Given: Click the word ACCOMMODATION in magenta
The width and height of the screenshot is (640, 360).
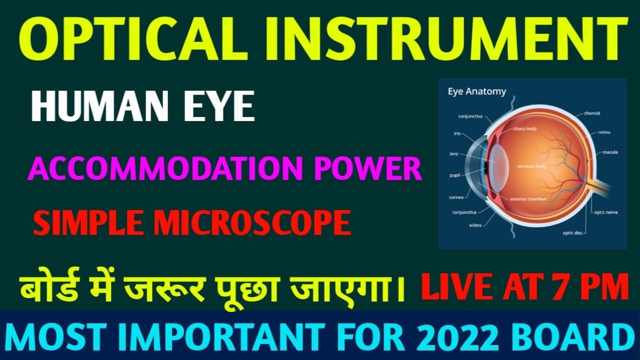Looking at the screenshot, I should point(163,168).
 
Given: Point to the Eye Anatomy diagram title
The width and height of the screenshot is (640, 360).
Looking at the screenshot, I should point(476,91).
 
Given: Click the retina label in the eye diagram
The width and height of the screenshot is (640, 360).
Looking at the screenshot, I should point(603,132).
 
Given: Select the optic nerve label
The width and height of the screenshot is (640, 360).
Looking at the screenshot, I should point(606,212).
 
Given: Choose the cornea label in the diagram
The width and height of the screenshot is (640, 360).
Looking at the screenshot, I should point(456,197).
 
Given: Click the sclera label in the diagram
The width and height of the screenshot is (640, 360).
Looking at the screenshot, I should point(475,225).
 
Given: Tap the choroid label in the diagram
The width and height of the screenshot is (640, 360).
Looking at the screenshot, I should point(592,113).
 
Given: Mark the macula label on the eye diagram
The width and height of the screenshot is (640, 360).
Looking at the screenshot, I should point(610,151).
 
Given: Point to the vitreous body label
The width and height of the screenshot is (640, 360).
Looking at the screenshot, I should point(531,166).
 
